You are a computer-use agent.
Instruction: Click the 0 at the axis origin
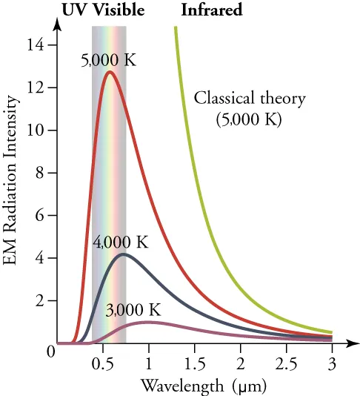(50, 352)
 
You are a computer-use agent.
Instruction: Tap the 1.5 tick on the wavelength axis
(195, 364)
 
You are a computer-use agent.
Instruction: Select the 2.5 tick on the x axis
(286, 364)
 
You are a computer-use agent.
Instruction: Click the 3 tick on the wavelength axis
(332, 364)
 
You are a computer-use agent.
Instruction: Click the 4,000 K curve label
(121, 242)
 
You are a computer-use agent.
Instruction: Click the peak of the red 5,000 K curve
(110, 72)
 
